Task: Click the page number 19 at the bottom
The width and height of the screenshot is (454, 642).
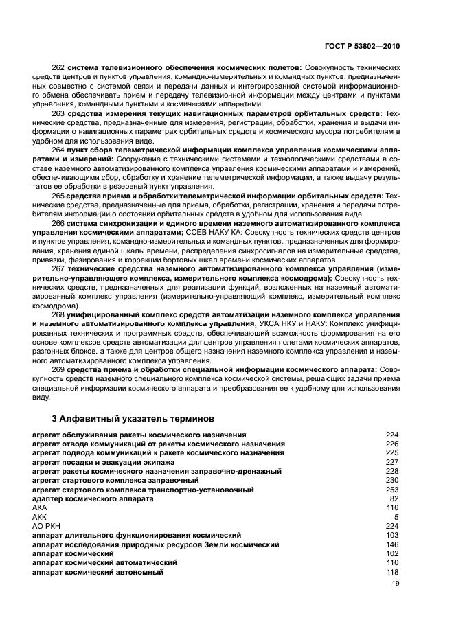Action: (395, 584)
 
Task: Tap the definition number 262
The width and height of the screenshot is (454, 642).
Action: (58, 67)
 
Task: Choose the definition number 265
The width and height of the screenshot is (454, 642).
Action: (58, 195)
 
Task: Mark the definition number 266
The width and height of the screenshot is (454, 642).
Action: (58, 223)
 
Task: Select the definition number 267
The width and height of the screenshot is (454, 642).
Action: (58, 268)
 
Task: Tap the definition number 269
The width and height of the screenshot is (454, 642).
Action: (58, 370)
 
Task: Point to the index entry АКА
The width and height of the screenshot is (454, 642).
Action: (40, 507)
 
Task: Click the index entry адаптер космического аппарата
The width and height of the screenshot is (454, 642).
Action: (93, 498)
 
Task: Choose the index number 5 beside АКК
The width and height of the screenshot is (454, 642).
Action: (396, 517)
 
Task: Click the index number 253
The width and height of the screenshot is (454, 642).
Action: (392, 490)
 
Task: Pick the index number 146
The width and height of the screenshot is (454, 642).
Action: (392, 544)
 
